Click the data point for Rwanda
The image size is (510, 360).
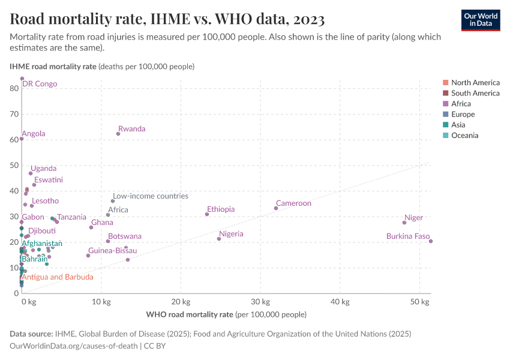click(118, 134)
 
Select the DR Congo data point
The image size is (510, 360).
click(22, 79)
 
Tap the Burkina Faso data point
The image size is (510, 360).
click(431, 241)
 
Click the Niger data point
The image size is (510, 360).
click(404, 223)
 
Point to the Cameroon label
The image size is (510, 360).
click(293, 203)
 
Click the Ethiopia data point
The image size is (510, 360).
click(207, 214)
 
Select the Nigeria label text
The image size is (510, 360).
click(231, 234)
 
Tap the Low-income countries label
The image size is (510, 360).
click(151, 196)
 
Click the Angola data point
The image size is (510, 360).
click(22, 139)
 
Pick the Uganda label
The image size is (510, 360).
click(44, 169)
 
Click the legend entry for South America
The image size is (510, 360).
click(475, 93)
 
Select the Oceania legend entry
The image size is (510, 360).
click(464, 136)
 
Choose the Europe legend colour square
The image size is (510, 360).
click(445, 115)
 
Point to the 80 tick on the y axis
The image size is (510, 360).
click(14, 88)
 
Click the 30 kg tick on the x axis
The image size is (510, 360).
click(260, 301)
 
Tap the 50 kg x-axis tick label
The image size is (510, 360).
click(419, 301)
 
